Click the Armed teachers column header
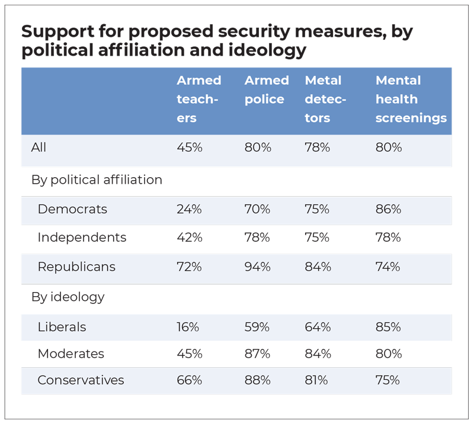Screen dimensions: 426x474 198,99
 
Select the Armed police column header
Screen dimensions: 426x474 267,89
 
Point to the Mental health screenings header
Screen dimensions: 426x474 411,99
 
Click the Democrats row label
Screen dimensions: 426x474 72,209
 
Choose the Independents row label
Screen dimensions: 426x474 82,238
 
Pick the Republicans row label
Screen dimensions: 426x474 76,267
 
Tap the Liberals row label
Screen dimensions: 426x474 62,327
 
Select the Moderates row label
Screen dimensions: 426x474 71,354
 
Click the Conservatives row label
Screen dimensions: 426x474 81,380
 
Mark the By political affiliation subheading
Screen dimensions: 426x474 97,180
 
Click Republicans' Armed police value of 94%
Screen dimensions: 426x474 258,267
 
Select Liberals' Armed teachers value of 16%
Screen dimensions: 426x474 188,327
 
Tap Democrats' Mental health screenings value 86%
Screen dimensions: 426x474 388,209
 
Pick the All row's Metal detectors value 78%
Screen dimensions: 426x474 318,148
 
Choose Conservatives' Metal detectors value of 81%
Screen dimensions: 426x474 316,380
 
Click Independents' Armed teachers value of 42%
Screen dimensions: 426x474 190,238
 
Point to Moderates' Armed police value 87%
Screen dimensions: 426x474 258,354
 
